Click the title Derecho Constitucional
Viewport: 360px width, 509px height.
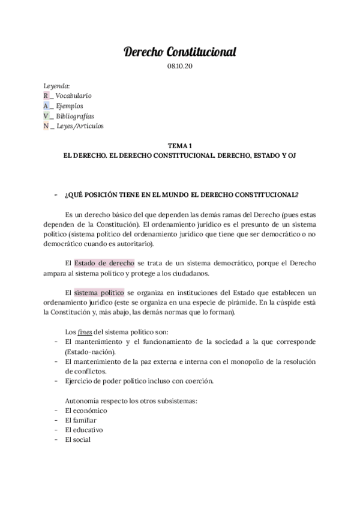179,53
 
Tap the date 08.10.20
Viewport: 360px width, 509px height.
179,67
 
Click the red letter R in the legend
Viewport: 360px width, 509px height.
46,95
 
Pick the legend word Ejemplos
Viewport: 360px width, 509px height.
70,106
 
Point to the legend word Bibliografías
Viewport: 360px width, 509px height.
75,116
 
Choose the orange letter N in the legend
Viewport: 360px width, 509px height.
46,126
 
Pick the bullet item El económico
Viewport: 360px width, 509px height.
86,411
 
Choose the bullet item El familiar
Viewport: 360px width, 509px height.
80,420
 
